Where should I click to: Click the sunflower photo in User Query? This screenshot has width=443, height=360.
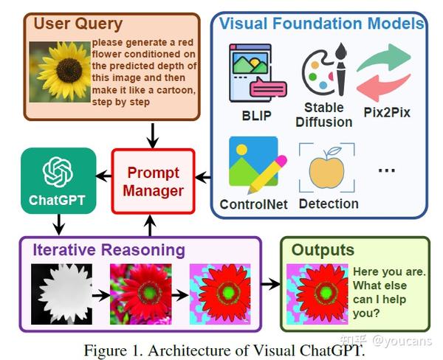click(x=59, y=72)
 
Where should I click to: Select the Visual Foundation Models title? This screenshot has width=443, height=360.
click(x=321, y=24)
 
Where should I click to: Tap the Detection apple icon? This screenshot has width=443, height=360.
click(x=326, y=167)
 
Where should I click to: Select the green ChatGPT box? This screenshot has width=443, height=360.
click(x=58, y=181)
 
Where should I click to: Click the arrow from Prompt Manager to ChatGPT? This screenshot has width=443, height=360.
click(x=104, y=176)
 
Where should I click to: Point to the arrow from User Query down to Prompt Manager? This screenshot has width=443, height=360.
click(x=153, y=134)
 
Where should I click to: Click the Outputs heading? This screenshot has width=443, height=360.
click(x=323, y=249)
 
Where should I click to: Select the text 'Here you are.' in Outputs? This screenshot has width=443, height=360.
click(x=388, y=272)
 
